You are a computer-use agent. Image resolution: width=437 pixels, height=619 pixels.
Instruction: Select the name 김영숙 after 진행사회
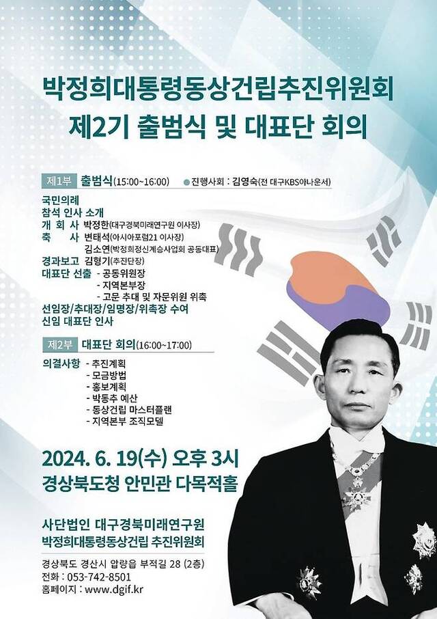click(244, 182)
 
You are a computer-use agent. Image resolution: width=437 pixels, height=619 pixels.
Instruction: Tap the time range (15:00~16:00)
click(141, 182)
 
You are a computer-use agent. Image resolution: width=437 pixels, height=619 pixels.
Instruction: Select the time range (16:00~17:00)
click(165, 344)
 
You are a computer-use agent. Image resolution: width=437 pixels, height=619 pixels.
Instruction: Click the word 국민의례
click(59, 200)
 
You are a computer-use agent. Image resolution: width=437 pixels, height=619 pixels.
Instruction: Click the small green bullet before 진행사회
click(187, 182)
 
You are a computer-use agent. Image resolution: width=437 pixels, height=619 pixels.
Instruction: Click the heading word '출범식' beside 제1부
click(96, 181)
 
